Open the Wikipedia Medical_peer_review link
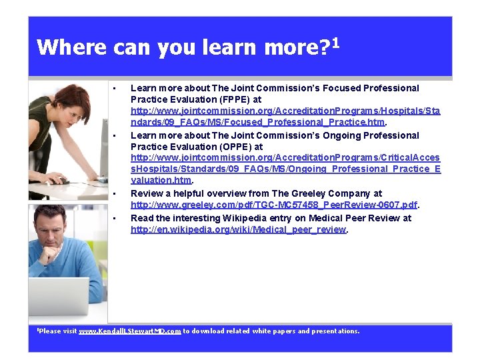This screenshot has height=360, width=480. [239, 229]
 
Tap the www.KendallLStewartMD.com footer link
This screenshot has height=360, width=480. [130, 331]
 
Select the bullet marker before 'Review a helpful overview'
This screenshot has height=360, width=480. [115, 194]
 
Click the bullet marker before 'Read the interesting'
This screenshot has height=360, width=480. [115, 219]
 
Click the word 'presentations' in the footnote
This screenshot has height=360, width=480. [335, 331]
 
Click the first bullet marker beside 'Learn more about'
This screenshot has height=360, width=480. [115, 89]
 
